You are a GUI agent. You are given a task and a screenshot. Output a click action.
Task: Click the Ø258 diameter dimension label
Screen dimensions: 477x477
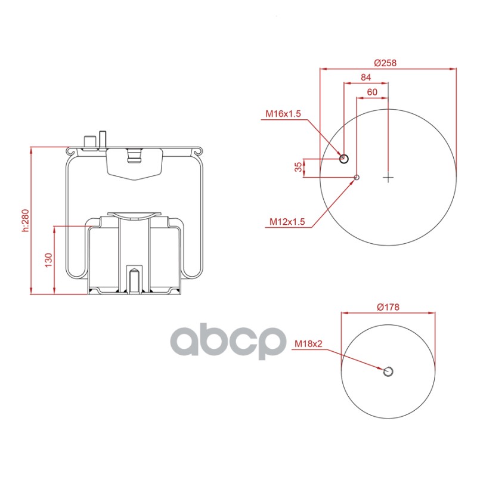pos(385,63)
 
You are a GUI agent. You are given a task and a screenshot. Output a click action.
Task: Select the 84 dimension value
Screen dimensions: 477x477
pos(366,78)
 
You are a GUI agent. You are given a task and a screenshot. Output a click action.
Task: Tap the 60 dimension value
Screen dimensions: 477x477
pos(372,92)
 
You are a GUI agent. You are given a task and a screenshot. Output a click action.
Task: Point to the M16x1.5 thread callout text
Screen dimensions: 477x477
pos(283,113)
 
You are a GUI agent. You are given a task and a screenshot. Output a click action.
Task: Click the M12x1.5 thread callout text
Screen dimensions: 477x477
pos(287,221)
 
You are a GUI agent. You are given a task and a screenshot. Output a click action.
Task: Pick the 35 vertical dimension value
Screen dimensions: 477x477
pos(299,167)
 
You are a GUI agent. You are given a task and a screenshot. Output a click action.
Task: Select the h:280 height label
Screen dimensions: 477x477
pos(25,220)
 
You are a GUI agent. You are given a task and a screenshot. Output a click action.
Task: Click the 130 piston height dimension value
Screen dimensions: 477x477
pos(49,260)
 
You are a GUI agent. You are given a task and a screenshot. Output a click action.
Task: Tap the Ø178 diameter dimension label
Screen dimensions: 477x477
pos(388,307)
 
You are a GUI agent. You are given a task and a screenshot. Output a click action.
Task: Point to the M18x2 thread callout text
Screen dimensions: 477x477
pos(308,344)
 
